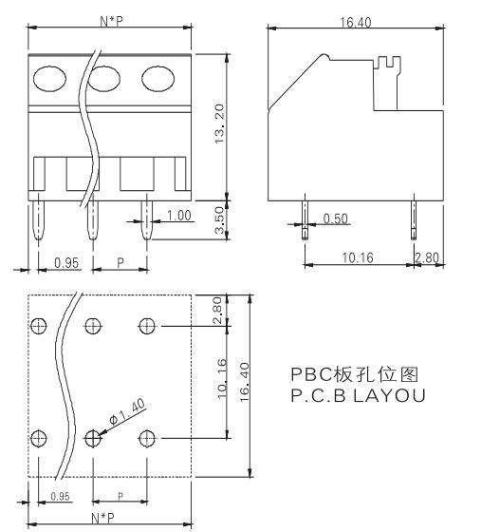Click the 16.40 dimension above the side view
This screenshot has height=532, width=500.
356,23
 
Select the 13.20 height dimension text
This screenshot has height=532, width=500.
219,123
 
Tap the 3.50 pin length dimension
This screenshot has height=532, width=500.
220,220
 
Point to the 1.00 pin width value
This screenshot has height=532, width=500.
179,216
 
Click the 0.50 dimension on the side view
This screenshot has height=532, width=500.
335,218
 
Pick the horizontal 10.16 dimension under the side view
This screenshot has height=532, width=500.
358,257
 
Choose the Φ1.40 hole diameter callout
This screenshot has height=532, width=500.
127,411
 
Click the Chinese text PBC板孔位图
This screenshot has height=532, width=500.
355,374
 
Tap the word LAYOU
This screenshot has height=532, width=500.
389,395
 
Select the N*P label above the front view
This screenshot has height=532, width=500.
111,21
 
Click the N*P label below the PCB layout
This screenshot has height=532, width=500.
103,518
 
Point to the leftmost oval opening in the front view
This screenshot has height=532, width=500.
49,79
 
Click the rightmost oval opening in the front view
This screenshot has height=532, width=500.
157,79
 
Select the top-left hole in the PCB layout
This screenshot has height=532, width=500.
39,326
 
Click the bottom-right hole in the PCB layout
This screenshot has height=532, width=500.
147,438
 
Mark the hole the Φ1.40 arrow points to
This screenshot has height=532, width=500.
93,438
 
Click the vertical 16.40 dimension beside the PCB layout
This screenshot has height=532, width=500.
245,382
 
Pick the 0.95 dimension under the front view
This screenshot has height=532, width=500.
66,262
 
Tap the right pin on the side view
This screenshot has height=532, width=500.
414,219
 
